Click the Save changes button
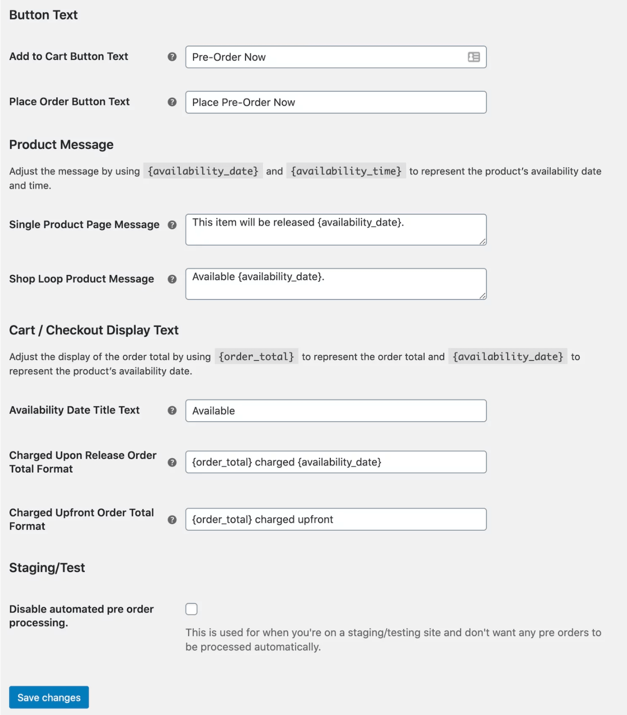click(x=49, y=697)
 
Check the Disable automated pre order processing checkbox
click(x=191, y=609)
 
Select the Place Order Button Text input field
click(x=335, y=102)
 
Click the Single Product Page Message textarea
click(x=335, y=230)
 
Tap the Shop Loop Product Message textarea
click(x=335, y=284)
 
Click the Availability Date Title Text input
click(x=335, y=411)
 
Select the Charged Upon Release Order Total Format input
click(x=335, y=462)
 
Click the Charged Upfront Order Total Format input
click(x=335, y=519)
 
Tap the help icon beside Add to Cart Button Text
click(x=172, y=56)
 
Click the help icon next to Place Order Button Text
click(x=172, y=102)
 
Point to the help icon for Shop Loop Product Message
click(x=172, y=279)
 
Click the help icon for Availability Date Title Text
click(x=172, y=410)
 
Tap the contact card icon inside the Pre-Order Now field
click(x=474, y=57)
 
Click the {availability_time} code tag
click(x=346, y=171)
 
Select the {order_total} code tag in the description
click(x=256, y=357)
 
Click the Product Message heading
click(x=61, y=145)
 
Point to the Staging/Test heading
click(x=47, y=567)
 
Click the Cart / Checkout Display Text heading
click(x=94, y=330)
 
